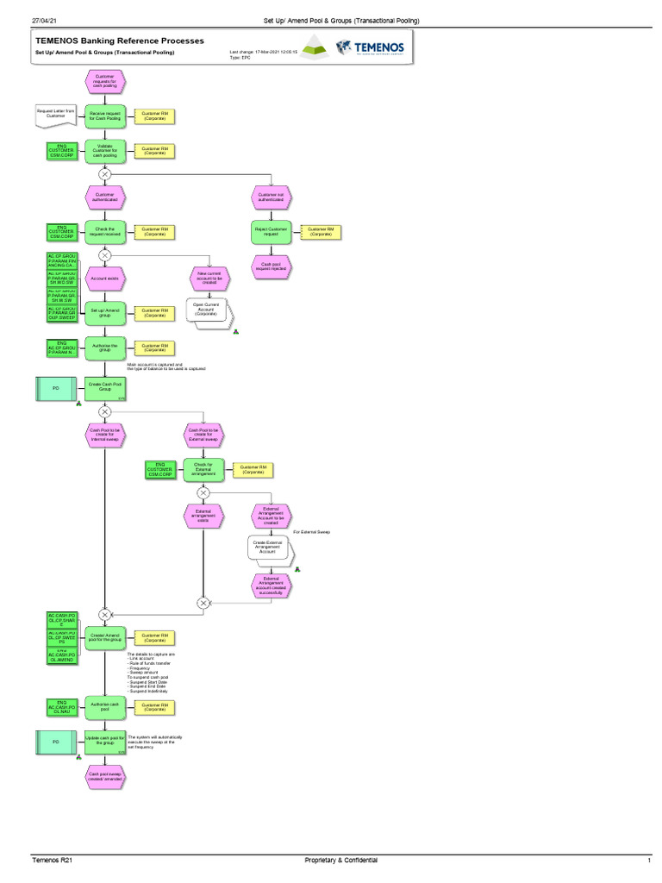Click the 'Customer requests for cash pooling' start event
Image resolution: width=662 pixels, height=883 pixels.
pos(104,81)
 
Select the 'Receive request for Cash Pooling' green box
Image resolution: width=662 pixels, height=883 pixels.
pos(104,116)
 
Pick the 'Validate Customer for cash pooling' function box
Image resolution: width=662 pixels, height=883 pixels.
pos(104,151)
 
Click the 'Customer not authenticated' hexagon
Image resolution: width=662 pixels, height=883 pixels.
pos(272,197)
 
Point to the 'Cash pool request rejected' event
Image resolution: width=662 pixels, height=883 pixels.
pos(272,266)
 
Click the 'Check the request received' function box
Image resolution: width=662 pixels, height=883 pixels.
pos(104,232)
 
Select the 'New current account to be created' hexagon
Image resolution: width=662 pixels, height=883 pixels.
pos(207,278)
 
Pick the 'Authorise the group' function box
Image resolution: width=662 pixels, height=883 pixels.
pos(104,348)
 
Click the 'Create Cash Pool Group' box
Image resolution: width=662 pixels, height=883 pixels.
pos(104,389)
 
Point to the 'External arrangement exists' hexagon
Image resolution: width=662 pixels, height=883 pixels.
pos(203,516)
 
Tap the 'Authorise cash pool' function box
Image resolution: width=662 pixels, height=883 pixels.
pos(104,707)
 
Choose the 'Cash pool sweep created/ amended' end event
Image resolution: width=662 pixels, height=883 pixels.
pos(104,777)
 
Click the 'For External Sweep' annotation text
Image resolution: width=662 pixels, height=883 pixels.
pos(311,532)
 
